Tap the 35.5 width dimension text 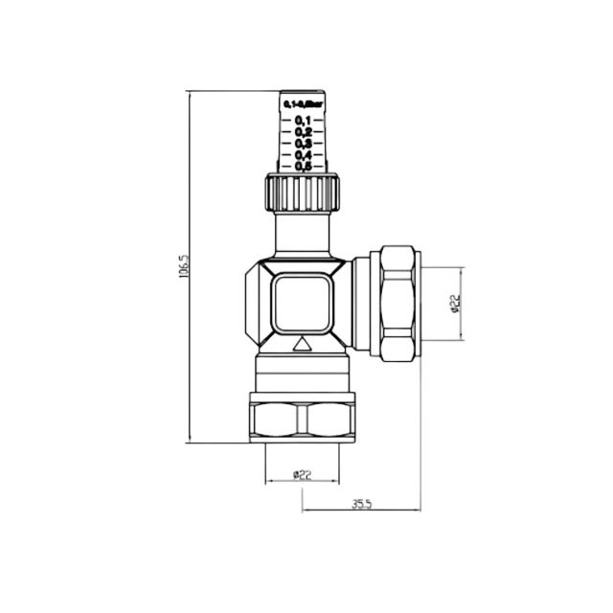(361, 501)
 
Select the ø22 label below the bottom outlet (302, 473)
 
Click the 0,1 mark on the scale (303, 120)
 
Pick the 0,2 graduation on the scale (303, 131)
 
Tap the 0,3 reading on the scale (303, 143)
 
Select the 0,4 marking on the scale (303, 154)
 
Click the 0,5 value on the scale (303, 166)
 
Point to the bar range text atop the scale (303, 101)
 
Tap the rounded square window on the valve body (302, 301)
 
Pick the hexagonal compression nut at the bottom (302, 418)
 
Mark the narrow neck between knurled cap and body (302, 236)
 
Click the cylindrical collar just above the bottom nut (302, 375)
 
